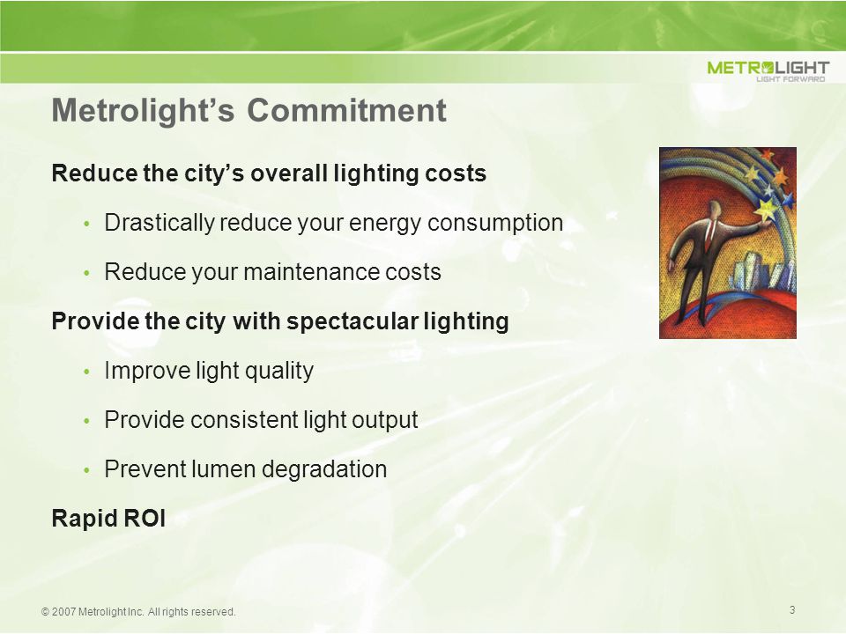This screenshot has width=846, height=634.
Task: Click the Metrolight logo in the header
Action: [x=768, y=70]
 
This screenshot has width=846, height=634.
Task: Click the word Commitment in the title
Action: [x=347, y=111]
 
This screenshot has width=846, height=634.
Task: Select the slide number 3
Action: [x=792, y=609]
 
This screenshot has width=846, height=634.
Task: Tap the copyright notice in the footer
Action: [x=138, y=612]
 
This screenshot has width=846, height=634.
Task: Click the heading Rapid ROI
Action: [x=108, y=518]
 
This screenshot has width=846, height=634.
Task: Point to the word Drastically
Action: [x=160, y=223]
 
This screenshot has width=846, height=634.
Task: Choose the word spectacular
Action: [x=352, y=322]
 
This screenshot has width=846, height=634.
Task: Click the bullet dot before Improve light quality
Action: [x=86, y=372]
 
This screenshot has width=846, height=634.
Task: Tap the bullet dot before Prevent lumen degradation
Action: [x=86, y=470]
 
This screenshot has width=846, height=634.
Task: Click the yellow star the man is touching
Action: [x=765, y=208]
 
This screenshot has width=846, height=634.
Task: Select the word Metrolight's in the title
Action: [x=143, y=111]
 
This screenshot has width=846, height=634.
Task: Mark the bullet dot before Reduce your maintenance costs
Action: [x=86, y=273]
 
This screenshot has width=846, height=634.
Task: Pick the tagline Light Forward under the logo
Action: [x=790, y=79]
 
